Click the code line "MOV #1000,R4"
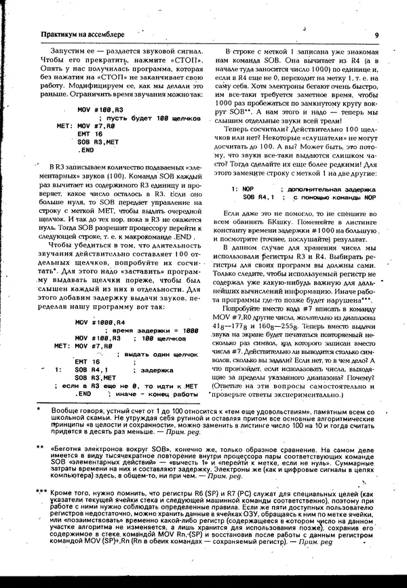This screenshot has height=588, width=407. tap(100, 302)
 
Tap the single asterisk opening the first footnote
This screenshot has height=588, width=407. tap(39, 410)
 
